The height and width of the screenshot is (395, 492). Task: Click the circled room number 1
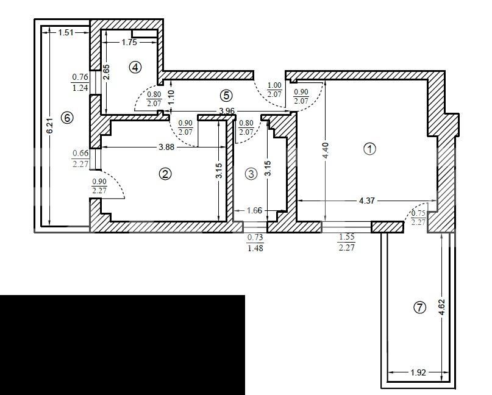coord(369,149)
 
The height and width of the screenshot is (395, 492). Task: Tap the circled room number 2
coord(165,174)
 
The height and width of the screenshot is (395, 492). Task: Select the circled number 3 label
coord(251,174)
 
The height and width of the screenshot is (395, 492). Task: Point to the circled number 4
coord(135,67)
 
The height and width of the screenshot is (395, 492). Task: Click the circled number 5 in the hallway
coord(226,95)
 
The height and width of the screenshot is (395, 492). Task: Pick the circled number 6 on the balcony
coord(67,118)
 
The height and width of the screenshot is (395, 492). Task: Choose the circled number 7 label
coord(420,307)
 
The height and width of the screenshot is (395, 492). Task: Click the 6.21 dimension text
coord(50,125)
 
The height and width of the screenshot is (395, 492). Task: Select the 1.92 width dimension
coord(418,372)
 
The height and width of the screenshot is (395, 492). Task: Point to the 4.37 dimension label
coord(366,201)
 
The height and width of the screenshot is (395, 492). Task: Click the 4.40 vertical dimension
coord(326,151)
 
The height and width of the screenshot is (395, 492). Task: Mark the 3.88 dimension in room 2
coord(166,147)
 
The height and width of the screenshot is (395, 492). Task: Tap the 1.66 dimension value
coord(254,210)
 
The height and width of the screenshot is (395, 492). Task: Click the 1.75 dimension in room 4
coord(129,42)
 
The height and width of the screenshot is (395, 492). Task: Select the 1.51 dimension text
coord(66,32)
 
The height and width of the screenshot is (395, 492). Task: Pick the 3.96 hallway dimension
coord(227,111)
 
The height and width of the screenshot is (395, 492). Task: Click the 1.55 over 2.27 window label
coord(347,242)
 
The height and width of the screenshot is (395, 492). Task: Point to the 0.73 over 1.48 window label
coord(255,243)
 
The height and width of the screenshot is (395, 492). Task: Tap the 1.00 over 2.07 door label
coord(274,90)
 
